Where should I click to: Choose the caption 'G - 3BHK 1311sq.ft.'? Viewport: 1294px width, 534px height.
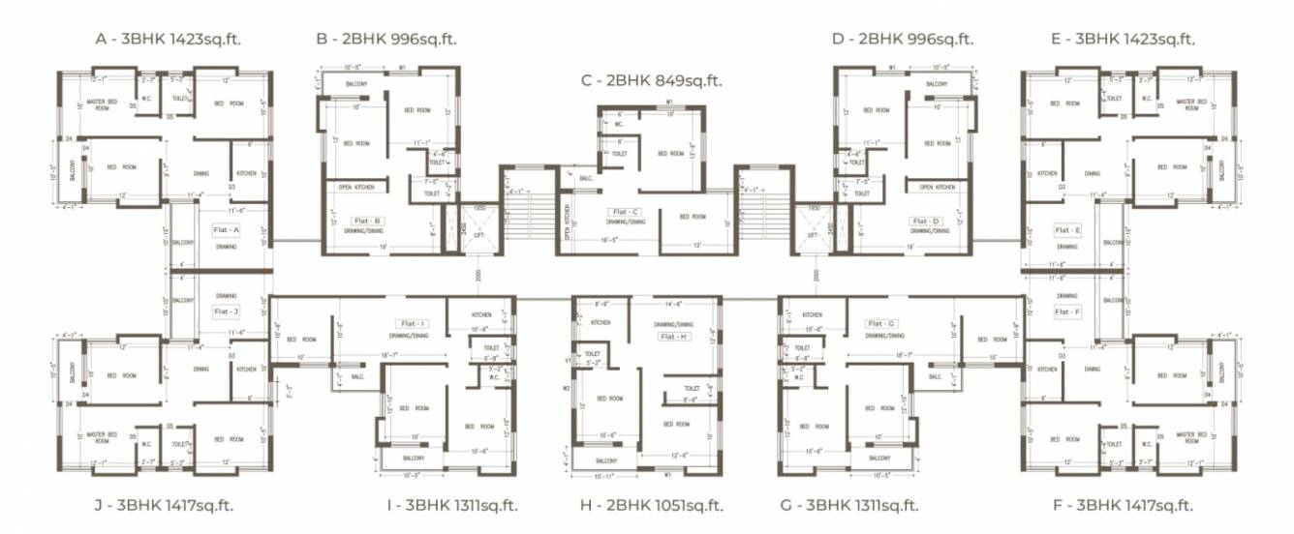[x=849, y=505]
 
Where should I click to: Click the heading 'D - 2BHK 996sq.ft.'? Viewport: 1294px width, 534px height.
[x=903, y=39]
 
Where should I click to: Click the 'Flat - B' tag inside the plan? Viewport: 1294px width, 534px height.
[x=370, y=221]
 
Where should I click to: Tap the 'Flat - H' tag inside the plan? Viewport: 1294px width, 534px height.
[x=673, y=336]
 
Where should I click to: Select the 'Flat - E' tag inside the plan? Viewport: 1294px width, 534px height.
[x=1066, y=230]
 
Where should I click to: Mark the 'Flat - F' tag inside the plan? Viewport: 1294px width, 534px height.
[x=1066, y=311]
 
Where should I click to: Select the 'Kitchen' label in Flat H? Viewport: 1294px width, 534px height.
[x=601, y=323]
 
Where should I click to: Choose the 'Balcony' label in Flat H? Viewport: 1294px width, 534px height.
[x=606, y=460]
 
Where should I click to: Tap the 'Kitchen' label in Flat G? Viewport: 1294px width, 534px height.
[x=812, y=315]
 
